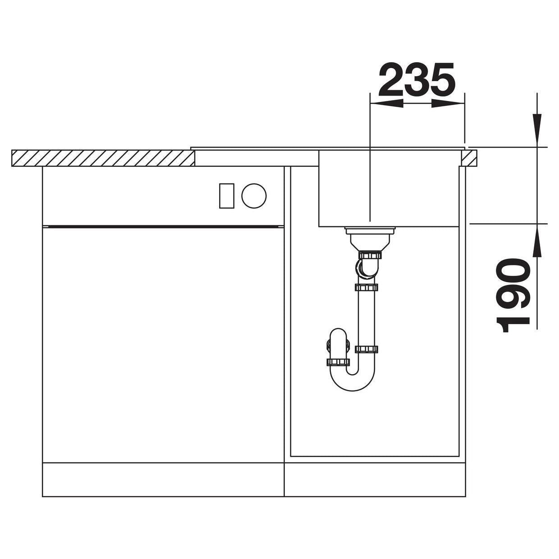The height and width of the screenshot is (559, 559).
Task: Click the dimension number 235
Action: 417,79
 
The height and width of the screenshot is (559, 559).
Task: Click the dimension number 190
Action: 513,295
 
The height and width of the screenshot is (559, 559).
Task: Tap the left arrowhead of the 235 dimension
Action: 386,104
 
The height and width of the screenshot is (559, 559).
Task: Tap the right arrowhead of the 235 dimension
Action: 448,104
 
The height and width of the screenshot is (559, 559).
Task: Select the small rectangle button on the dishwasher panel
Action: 227,196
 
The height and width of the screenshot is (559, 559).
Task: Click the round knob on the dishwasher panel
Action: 254,196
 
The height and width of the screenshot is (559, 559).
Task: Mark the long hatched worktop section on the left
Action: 103,158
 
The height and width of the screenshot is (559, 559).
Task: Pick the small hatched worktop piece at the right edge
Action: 470,158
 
